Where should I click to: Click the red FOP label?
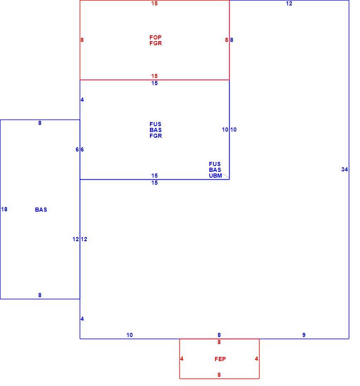155,37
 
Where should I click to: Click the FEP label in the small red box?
220,359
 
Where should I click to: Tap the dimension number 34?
345,169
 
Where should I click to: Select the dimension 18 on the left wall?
4,209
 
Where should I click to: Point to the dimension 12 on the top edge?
289,3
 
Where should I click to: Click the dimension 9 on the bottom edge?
304,335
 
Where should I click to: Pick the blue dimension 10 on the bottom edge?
130,335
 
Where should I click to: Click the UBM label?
216,176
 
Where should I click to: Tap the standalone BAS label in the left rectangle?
41,210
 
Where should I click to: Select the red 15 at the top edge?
154,3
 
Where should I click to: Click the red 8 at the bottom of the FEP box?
219,375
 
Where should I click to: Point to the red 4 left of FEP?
182,359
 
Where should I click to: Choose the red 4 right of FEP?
256,359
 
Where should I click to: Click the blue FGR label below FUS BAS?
156,136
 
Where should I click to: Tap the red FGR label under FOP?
156,43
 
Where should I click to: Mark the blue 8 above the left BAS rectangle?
39,123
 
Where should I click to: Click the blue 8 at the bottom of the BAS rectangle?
39,295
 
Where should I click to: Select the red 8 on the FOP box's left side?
82,40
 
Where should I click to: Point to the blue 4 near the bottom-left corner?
82,319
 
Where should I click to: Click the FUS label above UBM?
215,164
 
